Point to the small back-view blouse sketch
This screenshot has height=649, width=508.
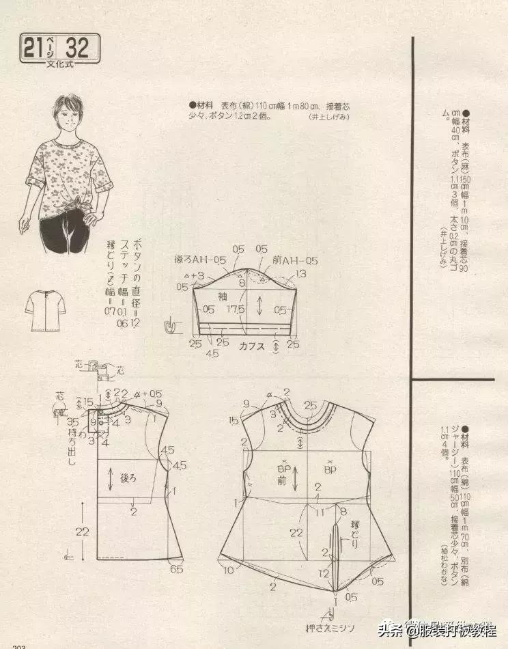click(x=46, y=311)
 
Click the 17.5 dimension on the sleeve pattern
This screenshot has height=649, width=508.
click(x=238, y=309)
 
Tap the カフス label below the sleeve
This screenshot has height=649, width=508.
click(x=252, y=346)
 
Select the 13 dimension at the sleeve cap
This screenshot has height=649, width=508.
click(x=301, y=275)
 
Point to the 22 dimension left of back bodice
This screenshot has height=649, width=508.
click(x=82, y=531)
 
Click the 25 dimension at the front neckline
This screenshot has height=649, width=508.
click(x=311, y=406)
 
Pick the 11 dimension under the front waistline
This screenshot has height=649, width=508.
click(x=317, y=510)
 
